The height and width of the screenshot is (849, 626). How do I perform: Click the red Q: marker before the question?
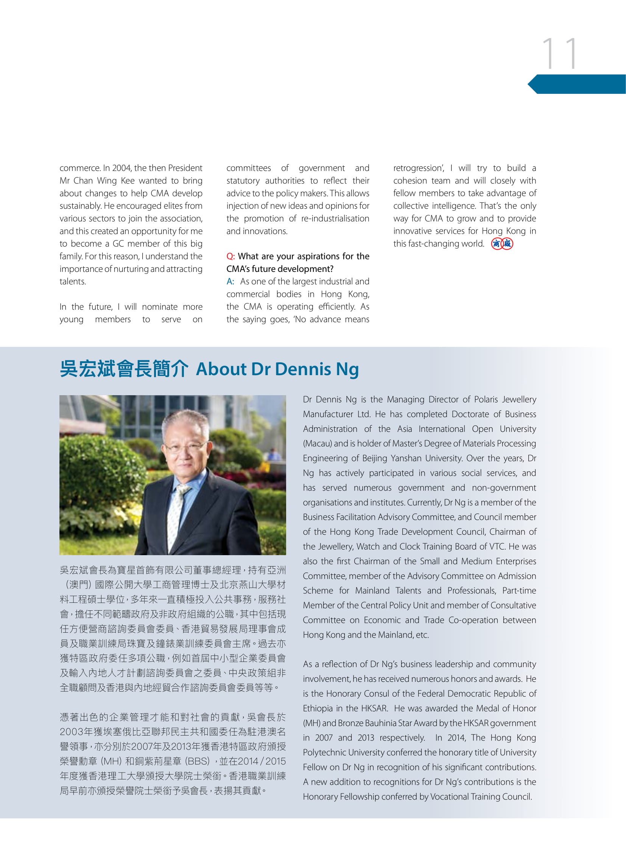(230, 256)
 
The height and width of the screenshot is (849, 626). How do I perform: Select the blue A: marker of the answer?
(230, 281)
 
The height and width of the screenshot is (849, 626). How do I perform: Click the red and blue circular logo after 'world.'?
(502, 244)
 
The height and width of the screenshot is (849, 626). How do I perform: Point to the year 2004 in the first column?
(121, 168)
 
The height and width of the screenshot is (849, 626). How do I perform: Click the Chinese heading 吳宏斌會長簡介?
(123, 369)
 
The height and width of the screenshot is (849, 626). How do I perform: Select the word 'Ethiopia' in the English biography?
(319, 708)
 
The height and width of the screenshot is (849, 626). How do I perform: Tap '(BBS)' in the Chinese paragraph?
(197, 761)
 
